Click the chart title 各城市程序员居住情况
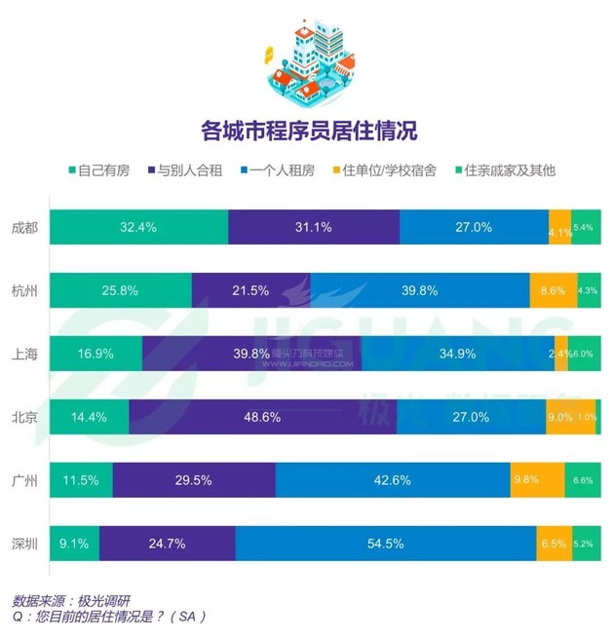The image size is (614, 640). click(307, 130)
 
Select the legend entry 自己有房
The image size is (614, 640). click(97, 170)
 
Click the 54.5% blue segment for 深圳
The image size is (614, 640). click(385, 544)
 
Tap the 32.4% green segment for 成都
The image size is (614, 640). click(138, 227)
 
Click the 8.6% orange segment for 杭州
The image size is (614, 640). click(553, 290)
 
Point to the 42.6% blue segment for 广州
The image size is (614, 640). click(393, 480)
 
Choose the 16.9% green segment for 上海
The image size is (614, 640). click(96, 354)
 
